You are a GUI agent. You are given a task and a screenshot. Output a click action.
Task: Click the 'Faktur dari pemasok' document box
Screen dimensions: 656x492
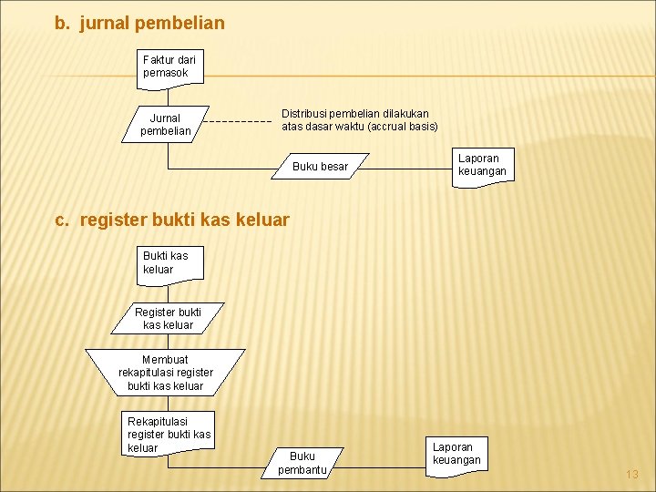click(x=169, y=67)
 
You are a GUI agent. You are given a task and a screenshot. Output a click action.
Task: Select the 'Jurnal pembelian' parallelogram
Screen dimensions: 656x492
click(x=166, y=124)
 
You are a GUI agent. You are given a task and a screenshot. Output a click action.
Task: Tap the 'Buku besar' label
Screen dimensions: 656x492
click(x=320, y=167)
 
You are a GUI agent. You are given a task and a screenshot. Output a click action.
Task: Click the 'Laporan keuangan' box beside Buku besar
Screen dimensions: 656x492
click(x=482, y=166)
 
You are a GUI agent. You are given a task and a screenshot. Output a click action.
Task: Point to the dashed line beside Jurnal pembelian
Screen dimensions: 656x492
click(x=237, y=121)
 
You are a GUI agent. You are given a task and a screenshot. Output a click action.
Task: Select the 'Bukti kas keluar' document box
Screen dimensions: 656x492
click(x=169, y=262)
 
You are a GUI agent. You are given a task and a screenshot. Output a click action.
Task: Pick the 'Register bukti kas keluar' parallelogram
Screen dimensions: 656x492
click(x=168, y=318)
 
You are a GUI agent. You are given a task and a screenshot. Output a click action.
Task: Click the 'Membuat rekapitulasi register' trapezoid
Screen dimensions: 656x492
click(x=165, y=373)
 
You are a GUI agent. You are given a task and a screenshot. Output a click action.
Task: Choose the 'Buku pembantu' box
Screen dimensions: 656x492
click(x=302, y=463)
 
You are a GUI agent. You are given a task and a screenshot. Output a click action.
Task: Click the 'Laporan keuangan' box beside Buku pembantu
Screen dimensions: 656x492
click(x=456, y=454)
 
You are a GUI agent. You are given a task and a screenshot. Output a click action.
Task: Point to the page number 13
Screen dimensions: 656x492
click(x=632, y=475)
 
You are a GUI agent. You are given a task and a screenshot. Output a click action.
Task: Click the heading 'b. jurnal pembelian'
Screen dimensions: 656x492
click(x=139, y=23)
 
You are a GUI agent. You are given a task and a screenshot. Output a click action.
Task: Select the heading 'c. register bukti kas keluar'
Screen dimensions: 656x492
click(x=172, y=220)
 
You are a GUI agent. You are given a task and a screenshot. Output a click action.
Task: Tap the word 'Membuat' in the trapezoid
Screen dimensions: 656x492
click(x=165, y=359)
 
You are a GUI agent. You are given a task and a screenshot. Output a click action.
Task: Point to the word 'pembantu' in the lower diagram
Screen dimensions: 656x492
click(x=302, y=470)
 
